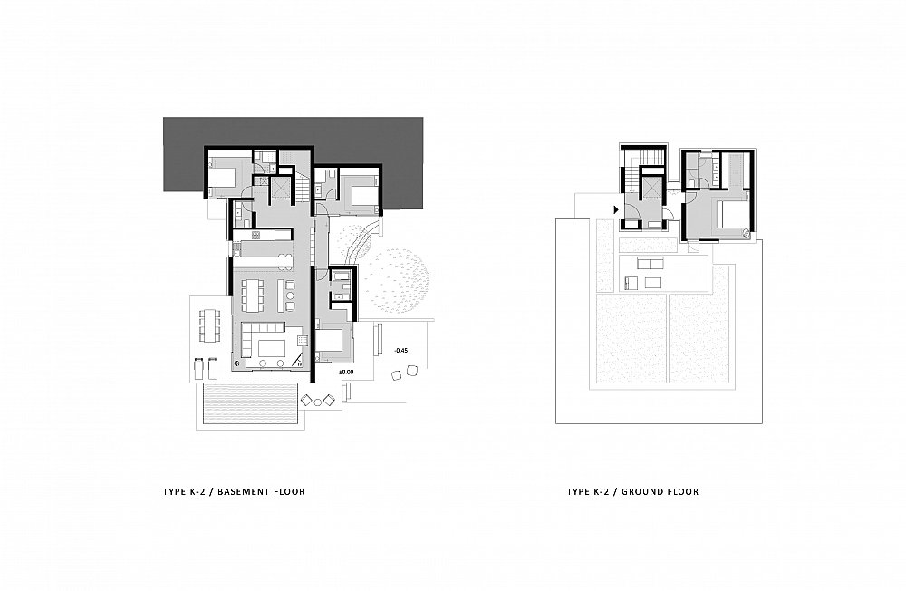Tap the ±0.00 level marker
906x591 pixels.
point(346,372)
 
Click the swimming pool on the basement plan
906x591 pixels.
point(250,405)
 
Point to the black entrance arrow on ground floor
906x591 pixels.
point(616,209)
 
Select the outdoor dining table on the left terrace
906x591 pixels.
point(209,325)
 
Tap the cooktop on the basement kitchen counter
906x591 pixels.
point(256,235)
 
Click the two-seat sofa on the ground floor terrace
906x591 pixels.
point(650,263)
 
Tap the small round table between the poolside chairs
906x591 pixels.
point(318,399)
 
